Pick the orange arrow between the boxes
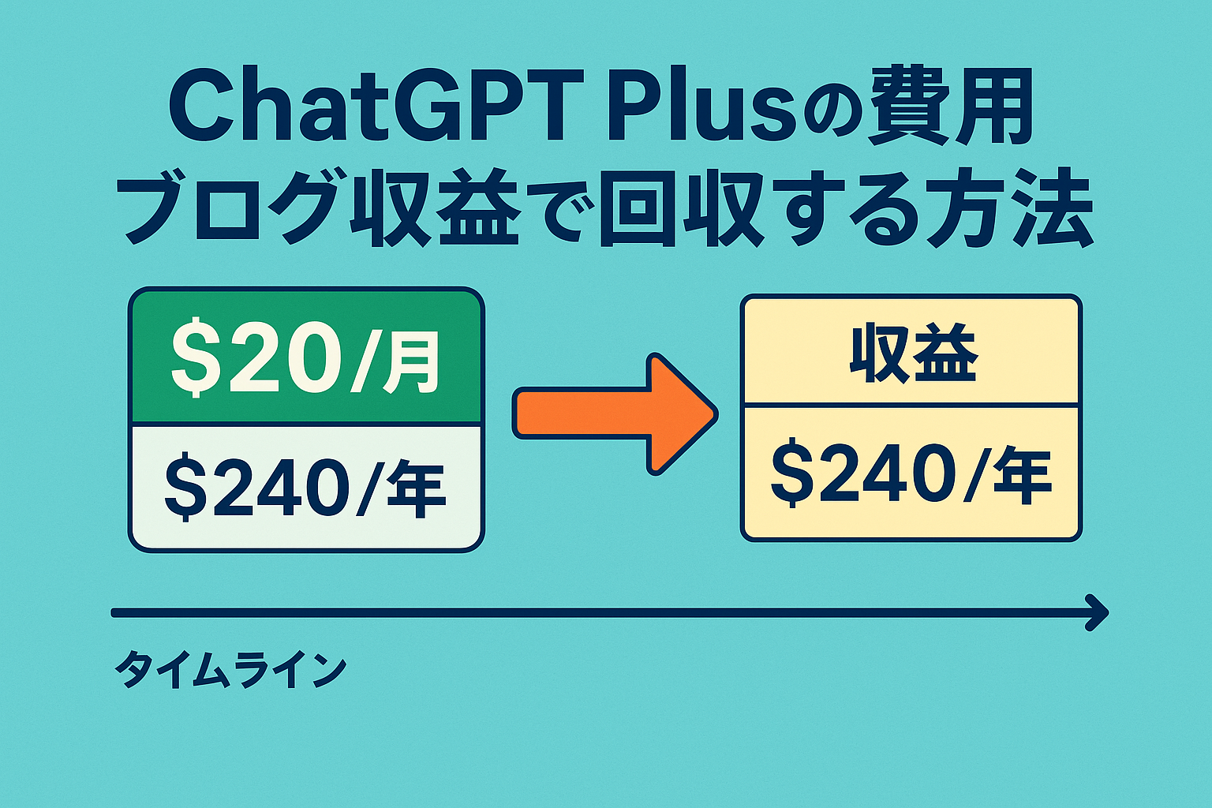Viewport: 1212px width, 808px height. click(x=615, y=414)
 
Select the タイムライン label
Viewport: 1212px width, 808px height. click(x=230, y=669)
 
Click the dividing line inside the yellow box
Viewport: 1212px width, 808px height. click(x=911, y=405)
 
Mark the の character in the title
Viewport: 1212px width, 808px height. click(x=832, y=115)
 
